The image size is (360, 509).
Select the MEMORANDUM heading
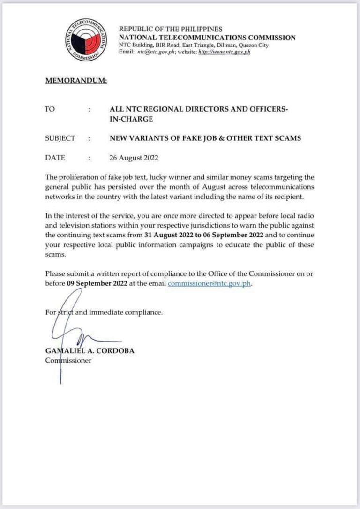[76, 80]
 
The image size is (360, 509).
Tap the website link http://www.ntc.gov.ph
[225, 52]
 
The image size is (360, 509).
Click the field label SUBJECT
[60, 138]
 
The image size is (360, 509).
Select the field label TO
[50, 109]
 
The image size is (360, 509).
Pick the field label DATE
[55, 158]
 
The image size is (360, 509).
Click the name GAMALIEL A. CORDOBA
[86, 351]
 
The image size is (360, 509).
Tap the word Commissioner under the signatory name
[68, 360]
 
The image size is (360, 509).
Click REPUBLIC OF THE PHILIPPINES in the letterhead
[171, 29]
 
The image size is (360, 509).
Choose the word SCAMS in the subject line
[287, 138]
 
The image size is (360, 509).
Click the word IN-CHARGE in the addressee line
[131, 119]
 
